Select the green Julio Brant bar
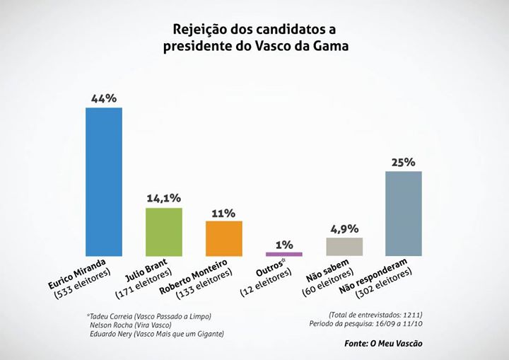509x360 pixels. [164, 231]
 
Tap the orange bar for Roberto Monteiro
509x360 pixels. [224, 238]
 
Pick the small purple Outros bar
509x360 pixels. [284, 254]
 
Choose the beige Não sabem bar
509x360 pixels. [344, 246]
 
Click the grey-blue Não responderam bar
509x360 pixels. [404, 213]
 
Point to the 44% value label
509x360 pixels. [104, 98]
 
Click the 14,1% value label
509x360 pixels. [164, 199]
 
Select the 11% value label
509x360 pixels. [224, 212]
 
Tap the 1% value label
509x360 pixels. [284, 244]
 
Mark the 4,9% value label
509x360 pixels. [344, 228]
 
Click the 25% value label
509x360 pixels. [404, 162]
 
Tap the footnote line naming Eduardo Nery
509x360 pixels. [156, 333]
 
